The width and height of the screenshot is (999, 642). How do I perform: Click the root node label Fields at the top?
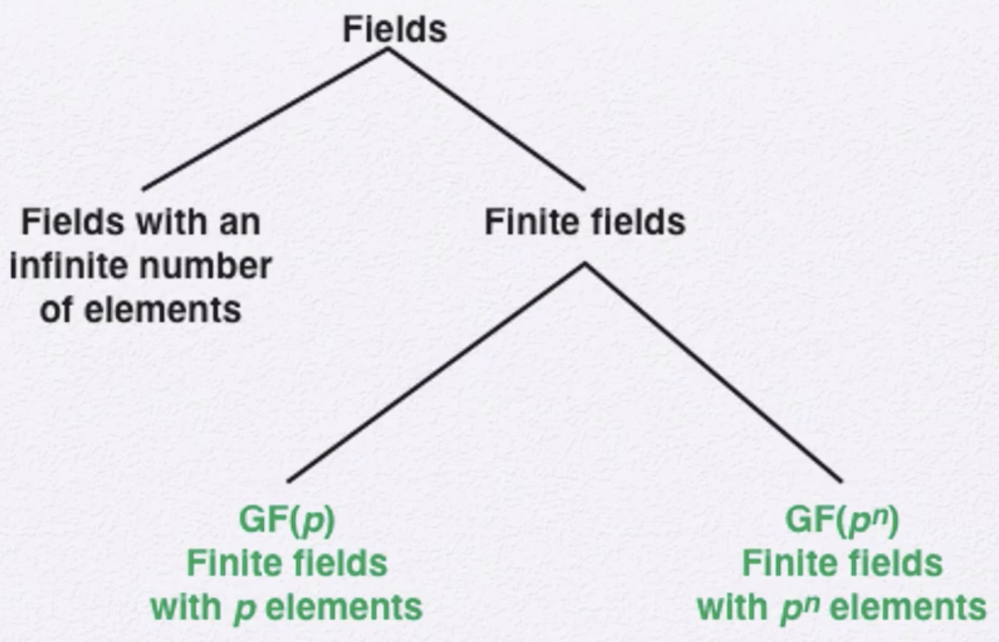pos(395,30)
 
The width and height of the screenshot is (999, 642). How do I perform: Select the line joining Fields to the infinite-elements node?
pos(265,119)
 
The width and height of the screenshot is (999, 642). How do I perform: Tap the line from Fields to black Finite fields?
pos(486,119)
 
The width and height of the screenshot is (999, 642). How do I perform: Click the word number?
pos(205,266)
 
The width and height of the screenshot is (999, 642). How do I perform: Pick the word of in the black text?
pos(56,309)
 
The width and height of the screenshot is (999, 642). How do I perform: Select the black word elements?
pos(163,309)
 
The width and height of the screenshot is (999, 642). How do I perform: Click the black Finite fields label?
pos(585,222)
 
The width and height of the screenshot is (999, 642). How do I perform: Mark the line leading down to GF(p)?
pos(436,373)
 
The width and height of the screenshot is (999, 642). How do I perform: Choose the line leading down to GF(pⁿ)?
pos(713,373)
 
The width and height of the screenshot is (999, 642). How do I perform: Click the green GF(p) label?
pos(287,520)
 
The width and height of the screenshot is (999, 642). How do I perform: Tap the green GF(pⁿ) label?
pos(842,520)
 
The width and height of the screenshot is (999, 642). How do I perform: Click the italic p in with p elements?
pos(244,610)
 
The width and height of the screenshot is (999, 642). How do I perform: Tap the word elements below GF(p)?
pos(344,607)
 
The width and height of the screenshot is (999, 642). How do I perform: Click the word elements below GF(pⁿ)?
pos(909,607)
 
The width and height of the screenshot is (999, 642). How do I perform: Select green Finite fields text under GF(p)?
pos(287,563)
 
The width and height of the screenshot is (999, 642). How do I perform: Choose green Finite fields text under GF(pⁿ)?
pos(842,563)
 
